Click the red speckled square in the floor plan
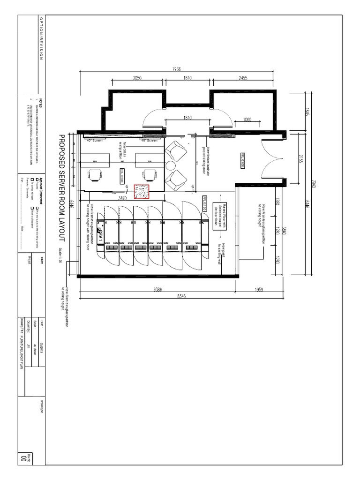[x=141, y=192]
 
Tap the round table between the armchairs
[x=171, y=166]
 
